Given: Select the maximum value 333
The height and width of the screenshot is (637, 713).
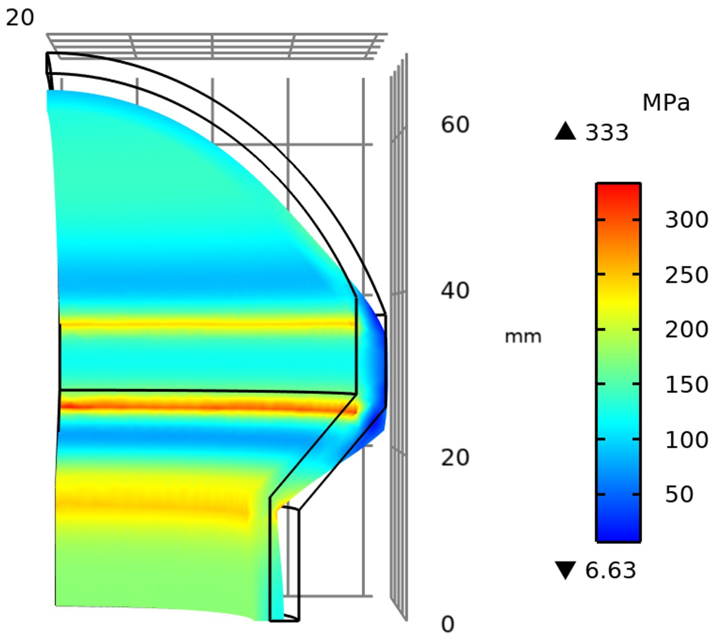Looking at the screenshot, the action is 607,133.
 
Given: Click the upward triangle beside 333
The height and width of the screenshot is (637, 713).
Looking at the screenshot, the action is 565,131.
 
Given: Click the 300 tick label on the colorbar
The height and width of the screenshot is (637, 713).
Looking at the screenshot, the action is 686,220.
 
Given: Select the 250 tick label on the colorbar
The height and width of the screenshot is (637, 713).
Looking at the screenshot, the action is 686,275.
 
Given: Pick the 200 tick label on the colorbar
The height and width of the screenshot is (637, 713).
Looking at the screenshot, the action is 686,330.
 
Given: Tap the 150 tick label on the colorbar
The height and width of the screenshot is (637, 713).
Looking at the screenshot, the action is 686,385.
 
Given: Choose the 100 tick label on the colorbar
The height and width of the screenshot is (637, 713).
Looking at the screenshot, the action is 686,440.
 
